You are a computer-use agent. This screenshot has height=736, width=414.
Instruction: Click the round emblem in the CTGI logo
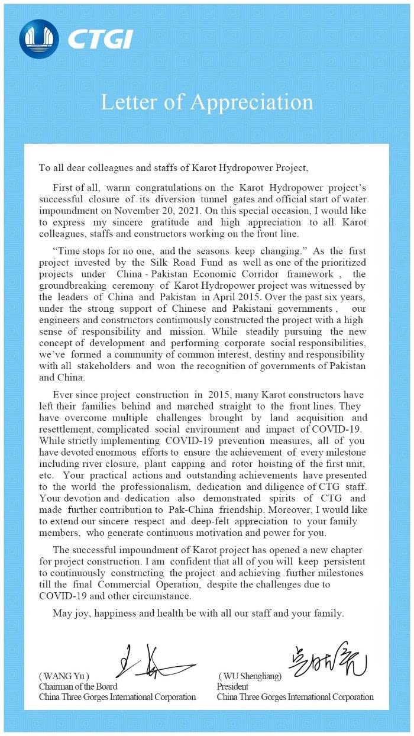[39, 39]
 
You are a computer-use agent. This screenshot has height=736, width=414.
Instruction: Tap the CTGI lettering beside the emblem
[99, 40]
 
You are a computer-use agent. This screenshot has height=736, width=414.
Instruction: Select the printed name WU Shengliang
[250, 676]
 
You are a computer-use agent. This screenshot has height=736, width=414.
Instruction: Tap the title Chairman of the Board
[78, 686]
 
